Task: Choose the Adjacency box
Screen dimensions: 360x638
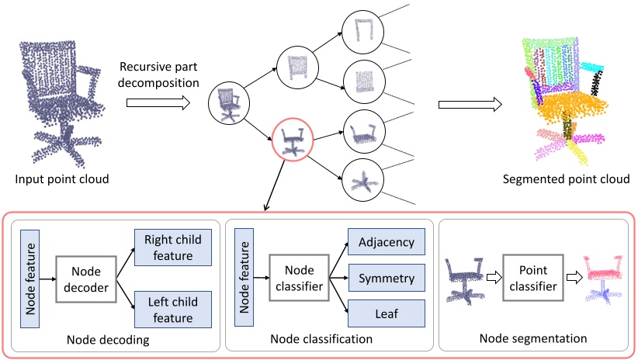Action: point(387,242)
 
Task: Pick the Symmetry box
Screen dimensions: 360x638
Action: point(387,277)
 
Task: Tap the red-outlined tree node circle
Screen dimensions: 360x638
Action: point(293,141)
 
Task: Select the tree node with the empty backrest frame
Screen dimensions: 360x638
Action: point(362,30)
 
